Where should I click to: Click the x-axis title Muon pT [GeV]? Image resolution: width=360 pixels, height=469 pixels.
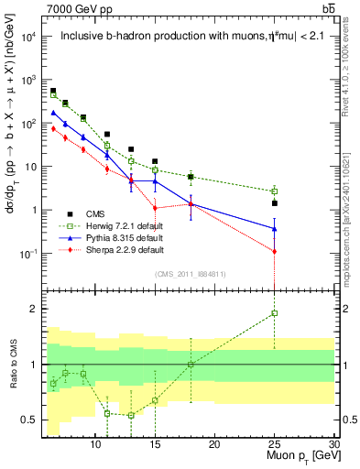tap(297, 456)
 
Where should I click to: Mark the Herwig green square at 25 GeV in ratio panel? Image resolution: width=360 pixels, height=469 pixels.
tap(274, 313)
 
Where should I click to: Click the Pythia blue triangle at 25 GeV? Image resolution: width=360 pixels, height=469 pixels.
tap(274, 228)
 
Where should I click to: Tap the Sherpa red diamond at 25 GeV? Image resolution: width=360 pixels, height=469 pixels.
tap(274, 251)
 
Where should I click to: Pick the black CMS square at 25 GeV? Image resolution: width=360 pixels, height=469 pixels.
tap(274, 202)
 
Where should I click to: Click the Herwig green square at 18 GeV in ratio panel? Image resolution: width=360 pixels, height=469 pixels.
tap(191, 365)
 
